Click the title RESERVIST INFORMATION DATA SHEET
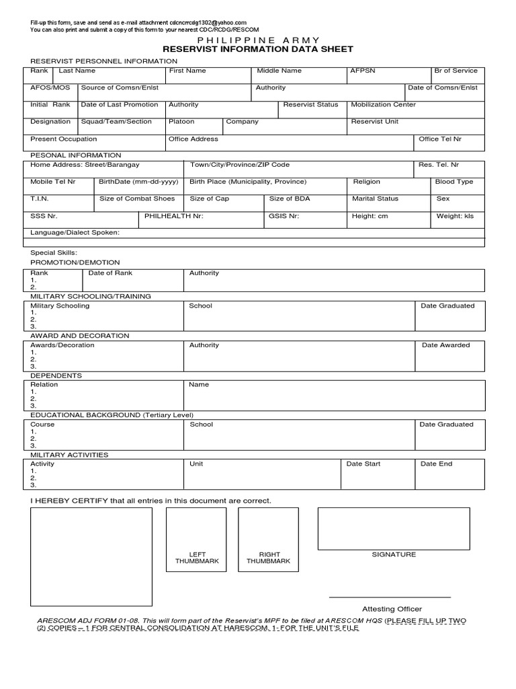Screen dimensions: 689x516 [x=258, y=50]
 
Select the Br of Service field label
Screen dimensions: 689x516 [x=456, y=71]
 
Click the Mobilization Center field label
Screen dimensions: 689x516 [x=383, y=105]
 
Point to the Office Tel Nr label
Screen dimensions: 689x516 [x=440, y=139]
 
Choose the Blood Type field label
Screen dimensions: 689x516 [x=454, y=182]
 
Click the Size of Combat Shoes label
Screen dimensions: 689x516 [x=137, y=199]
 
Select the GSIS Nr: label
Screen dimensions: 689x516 [x=284, y=216]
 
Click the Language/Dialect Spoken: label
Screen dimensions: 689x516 [x=75, y=233]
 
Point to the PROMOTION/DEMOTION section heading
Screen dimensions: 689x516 [x=75, y=262]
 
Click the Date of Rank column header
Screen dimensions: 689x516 [x=110, y=273]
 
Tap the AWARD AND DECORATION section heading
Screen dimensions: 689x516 [x=80, y=336]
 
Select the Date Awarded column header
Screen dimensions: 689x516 [x=445, y=345]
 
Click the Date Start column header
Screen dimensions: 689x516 [x=363, y=464]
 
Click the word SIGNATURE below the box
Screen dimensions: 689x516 [x=394, y=554]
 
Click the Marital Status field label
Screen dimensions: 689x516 [x=375, y=199]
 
